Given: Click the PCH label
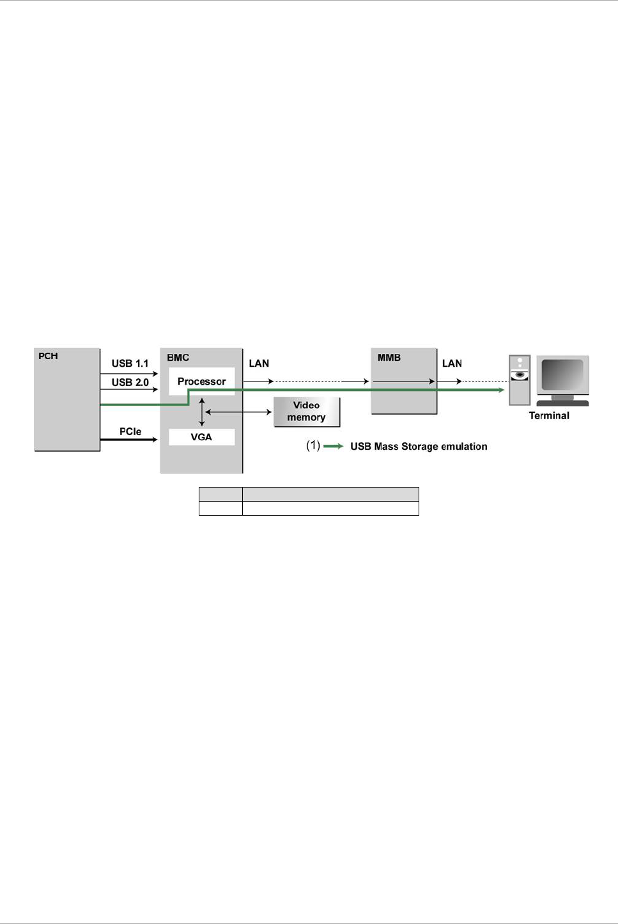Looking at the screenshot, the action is point(48,356).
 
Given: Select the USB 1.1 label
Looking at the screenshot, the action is point(130,364).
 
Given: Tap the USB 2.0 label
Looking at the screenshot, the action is point(130,382).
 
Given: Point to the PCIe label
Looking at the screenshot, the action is point(130,431).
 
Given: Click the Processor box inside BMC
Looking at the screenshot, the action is point(202,381).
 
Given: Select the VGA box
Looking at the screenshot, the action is point(202,437).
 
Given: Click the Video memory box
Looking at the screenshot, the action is point(307,412).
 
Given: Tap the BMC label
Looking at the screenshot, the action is point(178,358).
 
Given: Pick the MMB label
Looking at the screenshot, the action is point(389,358).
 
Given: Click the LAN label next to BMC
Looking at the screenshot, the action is point(259,364).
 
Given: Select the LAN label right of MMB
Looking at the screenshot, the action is point(452,364).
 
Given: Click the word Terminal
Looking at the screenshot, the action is point(549,416).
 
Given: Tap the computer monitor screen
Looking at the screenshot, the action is point(562,374).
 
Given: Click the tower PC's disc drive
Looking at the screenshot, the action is point(520,375).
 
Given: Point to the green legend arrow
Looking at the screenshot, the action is point(334,446).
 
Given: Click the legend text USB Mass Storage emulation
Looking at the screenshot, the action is point(419,446).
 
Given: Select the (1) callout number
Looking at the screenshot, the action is point(313,445).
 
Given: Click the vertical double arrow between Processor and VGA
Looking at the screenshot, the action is point(202,412).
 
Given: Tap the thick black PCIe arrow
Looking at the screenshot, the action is point(128,440).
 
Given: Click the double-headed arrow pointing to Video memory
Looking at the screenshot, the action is point(238,412).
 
